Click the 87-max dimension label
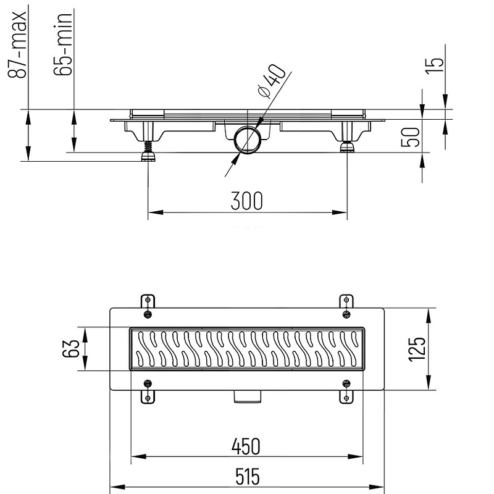coord(17,44)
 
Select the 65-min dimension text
coord(63,44)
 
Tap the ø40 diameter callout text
coord(271,82)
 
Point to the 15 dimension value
coord(435,66)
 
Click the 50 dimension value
coord(410,137)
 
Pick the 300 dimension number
coord(246,201)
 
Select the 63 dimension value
coord(70,348)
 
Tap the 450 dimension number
coord(246,446)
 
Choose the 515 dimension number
coord(248,477)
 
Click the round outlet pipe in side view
coord(248,140)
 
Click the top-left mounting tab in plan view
coord(148,301)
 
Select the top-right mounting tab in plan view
coord(346,301)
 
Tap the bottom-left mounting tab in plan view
coord(148,397)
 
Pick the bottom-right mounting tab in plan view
coord(346,397)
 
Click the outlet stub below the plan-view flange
coord(248,396)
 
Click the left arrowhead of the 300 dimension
coord(156,212)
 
